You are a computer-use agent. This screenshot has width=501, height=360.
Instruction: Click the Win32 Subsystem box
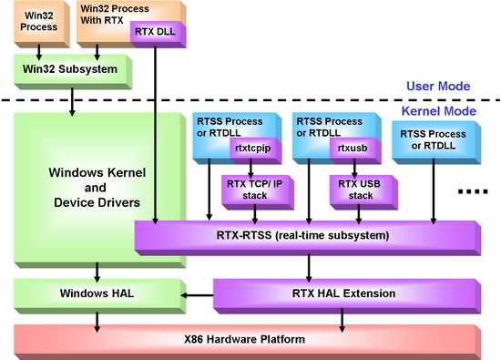pyautogui.click(x=73, y=72)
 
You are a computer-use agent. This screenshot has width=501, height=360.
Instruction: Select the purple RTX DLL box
pyautogui.click(x=158, y=35)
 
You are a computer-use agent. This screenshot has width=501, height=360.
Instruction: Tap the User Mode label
pyautogui.click(x=438, y=86)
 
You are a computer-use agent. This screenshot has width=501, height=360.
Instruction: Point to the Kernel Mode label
pyautogui.click(x=439, y=111)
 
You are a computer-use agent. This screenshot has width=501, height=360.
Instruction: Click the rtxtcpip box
pyautogui.click(x=256, y=150)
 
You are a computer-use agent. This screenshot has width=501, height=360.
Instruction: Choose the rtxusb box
pyautogui.click(x=355, y=150)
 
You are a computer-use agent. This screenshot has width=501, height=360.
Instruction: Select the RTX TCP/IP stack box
pyautogui.click(x=258, y=192)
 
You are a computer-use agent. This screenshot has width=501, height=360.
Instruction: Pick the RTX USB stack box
pyautogui.click(x=363, y=192)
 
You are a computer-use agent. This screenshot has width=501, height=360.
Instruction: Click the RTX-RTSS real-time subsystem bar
pyautogui.click(x=308, y=238)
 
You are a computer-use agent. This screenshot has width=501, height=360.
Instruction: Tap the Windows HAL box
pyautogui.click(x=99, y=296)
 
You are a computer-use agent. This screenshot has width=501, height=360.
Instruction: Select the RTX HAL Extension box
pyautogui.click(x=347, y=296)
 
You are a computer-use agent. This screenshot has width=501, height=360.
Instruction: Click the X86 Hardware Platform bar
pyautogui.click(x=247, y=342)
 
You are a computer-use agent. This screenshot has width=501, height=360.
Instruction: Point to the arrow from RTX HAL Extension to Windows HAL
pyautogui.click(x=197, y=295)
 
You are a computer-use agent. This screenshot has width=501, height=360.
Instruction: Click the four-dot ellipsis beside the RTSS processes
pyautogui.click(x=473, y=191)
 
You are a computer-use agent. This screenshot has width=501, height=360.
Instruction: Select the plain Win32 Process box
pyautogui.click(x=42, y=24)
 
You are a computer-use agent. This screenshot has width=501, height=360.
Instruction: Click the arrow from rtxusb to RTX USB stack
pyautogui.click(x=354, y=169)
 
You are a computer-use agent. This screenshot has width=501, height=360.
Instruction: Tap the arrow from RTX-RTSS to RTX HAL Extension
pyautogui.click(x=309, y=268)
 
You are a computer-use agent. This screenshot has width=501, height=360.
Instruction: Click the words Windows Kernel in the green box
pyautogui.click(x=97, y=172)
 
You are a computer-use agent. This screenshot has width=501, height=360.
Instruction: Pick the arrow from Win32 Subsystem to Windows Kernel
pyautogui.click(x=72, y=102)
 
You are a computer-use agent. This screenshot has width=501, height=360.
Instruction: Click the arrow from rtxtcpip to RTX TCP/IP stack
pyautogui.click(x=250, y=169)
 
